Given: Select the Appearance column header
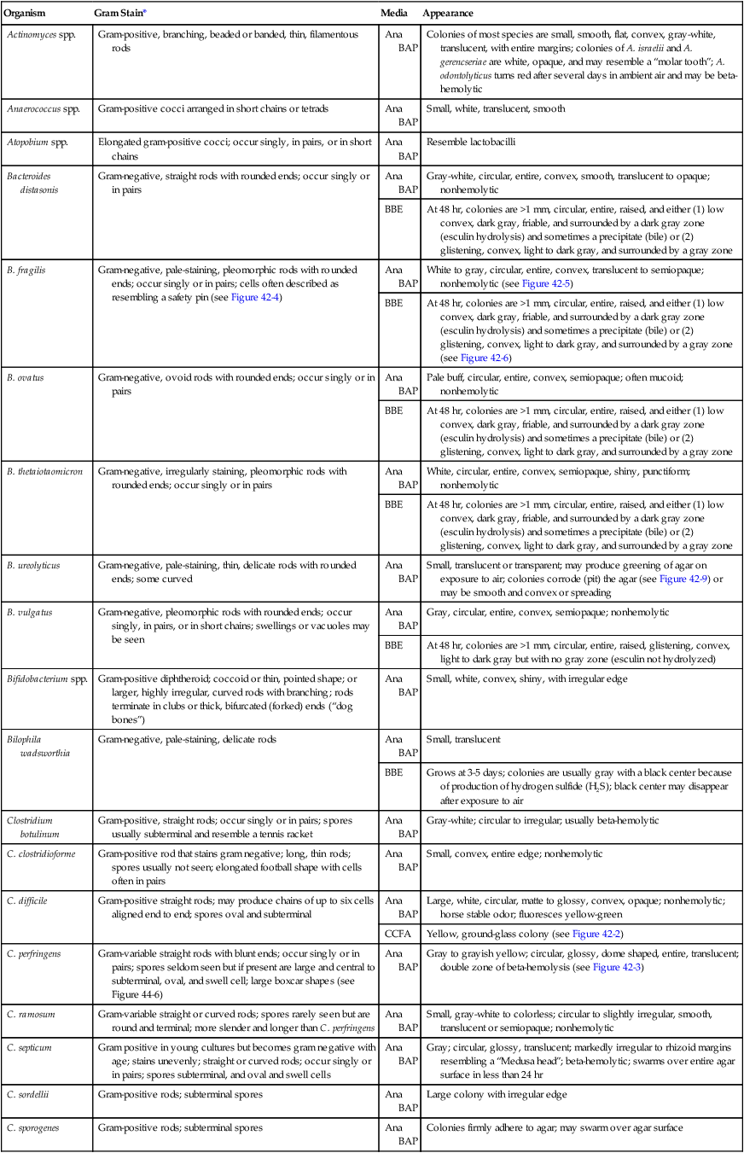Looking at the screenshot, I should tap(448, 14).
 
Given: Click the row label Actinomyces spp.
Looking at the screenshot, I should tap(41, 33).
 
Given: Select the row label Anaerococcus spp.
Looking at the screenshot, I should tap(42, 108).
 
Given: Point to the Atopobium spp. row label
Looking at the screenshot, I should tap(37, 142).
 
